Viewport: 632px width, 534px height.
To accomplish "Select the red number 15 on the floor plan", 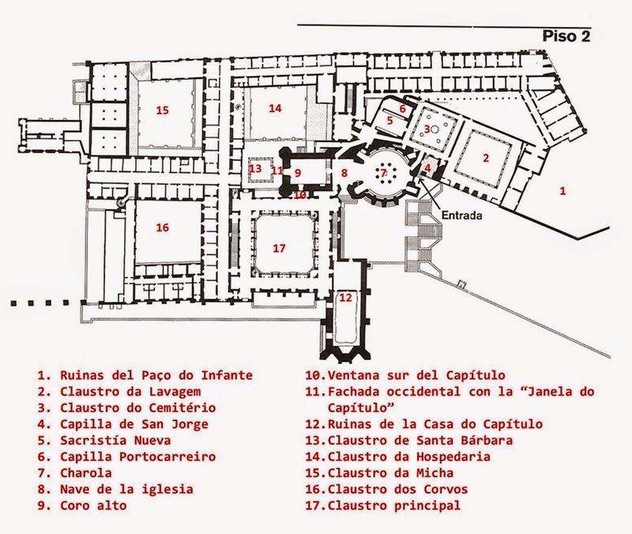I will click(162, 110).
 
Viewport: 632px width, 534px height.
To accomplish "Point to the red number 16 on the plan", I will click(162, 228).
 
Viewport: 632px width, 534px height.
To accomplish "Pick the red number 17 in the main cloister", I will click(278, 247).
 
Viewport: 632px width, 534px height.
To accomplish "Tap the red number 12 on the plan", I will click(345, 298).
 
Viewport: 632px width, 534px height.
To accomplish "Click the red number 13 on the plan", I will click(254, 168).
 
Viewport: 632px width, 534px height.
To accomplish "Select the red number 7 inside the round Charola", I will click(384, 171).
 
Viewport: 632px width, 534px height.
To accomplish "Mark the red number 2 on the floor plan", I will click(486, 157).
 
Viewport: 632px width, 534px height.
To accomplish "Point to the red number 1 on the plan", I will click(562, 190).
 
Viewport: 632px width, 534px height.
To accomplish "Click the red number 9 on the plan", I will click(298, 171).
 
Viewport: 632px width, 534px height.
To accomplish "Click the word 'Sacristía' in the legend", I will click(92, 439).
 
